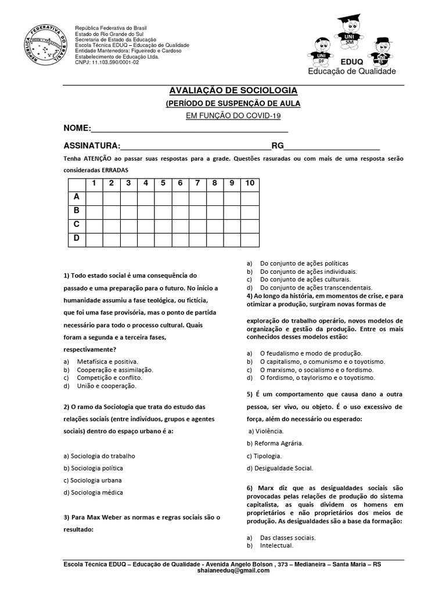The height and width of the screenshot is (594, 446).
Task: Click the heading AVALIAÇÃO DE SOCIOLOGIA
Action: pyautogui.click(x=233, y=91)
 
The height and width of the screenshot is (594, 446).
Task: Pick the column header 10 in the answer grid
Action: pyautogui.click(x=250, y=183)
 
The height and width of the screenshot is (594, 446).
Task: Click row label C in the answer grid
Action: pyautogui.click(x=76, y=224)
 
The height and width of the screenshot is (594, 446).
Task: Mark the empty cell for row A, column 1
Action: pyautogui.click(x=93, y=197)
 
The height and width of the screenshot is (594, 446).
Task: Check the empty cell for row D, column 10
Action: pyautogui.click(x=250, y=238)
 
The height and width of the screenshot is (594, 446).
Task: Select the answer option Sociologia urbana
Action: pyautogui.click(x=93, y=480)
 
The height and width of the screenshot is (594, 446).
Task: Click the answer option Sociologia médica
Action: pyautogui.click(x=93, y=492)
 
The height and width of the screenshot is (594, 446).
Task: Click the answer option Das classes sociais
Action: pyautogui.click(x=287, y=538)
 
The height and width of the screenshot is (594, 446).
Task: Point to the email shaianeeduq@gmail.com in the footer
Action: pyautogui.click(x=233, y=571)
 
